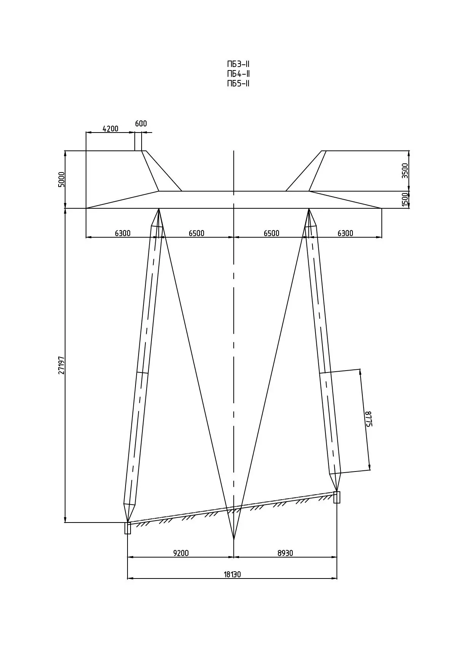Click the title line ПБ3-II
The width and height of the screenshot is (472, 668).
coord(238,64)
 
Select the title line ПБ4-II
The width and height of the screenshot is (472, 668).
coord(238,74)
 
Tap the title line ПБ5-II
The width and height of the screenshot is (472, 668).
coord(238,83)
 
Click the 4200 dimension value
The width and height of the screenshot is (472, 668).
coord(110,129)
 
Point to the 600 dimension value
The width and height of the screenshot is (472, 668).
coord(141,123)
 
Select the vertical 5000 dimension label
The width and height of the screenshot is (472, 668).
coord(62,179)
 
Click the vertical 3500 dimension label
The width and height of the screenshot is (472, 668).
coord(405,171)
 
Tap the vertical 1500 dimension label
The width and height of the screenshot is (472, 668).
coord(405,200)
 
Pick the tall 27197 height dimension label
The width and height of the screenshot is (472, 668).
coord(62,366)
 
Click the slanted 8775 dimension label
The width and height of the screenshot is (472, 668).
coord(368,419)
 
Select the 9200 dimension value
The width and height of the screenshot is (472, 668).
coord(181,553)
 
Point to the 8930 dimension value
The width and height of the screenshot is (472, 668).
coord(285,553)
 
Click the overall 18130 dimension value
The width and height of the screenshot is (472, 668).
coord(232,574)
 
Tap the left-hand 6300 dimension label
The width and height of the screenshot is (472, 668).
coord(123,233)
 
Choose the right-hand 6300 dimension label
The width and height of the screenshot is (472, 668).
coord(345,233)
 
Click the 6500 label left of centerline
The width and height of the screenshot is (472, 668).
coord(196,233)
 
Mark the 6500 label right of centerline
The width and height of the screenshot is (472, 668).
coord(271,233)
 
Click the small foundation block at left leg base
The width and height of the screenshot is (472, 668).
coord(128,528)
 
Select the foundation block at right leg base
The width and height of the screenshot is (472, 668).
coord(337,497)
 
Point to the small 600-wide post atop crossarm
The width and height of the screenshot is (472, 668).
coord(138,142)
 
